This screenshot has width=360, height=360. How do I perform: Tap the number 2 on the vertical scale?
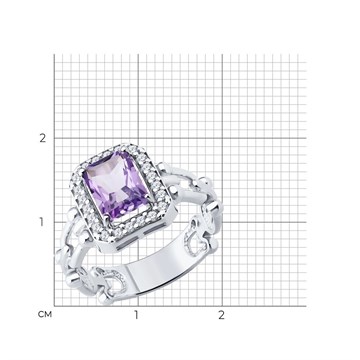[42, 138]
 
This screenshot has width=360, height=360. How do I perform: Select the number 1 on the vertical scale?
[41, 222]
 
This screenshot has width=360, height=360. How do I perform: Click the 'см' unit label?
[45, 314]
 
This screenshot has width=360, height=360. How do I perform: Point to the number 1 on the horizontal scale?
[136, 315]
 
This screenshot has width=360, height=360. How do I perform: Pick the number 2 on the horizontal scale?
[222, 315]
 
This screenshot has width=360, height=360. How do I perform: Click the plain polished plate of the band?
[157, 263]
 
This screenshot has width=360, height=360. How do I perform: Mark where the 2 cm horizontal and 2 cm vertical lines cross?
[222, 138]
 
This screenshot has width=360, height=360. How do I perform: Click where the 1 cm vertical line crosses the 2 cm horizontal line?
[138, 138]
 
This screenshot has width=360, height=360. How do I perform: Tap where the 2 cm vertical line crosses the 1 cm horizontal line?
[222, 222]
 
